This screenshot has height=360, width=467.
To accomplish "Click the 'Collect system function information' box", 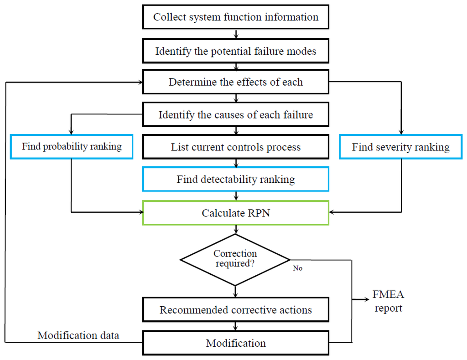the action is (x=236, y=17).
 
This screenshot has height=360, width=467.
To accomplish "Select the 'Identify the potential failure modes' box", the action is (x=236, y=51).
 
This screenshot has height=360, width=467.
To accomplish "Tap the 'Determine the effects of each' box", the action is (x=236, y=82).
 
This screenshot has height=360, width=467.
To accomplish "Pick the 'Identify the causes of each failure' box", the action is (x=236, y=114).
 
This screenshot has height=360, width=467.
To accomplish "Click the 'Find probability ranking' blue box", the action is (x=72, y=147).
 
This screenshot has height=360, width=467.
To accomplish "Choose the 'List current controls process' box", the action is (x=236, y=147).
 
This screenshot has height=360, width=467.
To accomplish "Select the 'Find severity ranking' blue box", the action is (x=401, y=147).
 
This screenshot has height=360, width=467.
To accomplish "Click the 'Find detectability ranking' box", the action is (x=236, y=179).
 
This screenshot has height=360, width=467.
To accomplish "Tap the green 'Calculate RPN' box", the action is (x=236, y=213).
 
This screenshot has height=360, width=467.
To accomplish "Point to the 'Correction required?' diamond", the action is (x=235, y=260).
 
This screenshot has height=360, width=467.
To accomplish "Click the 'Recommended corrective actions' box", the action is (x=236, y=310).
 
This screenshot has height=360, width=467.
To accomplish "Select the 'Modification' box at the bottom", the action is (x=236, y=343).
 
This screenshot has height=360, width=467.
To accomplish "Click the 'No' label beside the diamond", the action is (x=297, y=268).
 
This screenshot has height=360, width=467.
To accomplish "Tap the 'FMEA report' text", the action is (x=388, y=301).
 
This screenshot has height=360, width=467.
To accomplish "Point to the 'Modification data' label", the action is (x=78, y=335).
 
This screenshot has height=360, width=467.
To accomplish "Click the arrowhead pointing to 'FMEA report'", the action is (x=367, y=299).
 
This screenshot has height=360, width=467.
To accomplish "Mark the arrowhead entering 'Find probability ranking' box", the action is (x=71, y=132).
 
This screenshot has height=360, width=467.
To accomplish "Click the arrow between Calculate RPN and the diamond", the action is (x=236, y=229).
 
